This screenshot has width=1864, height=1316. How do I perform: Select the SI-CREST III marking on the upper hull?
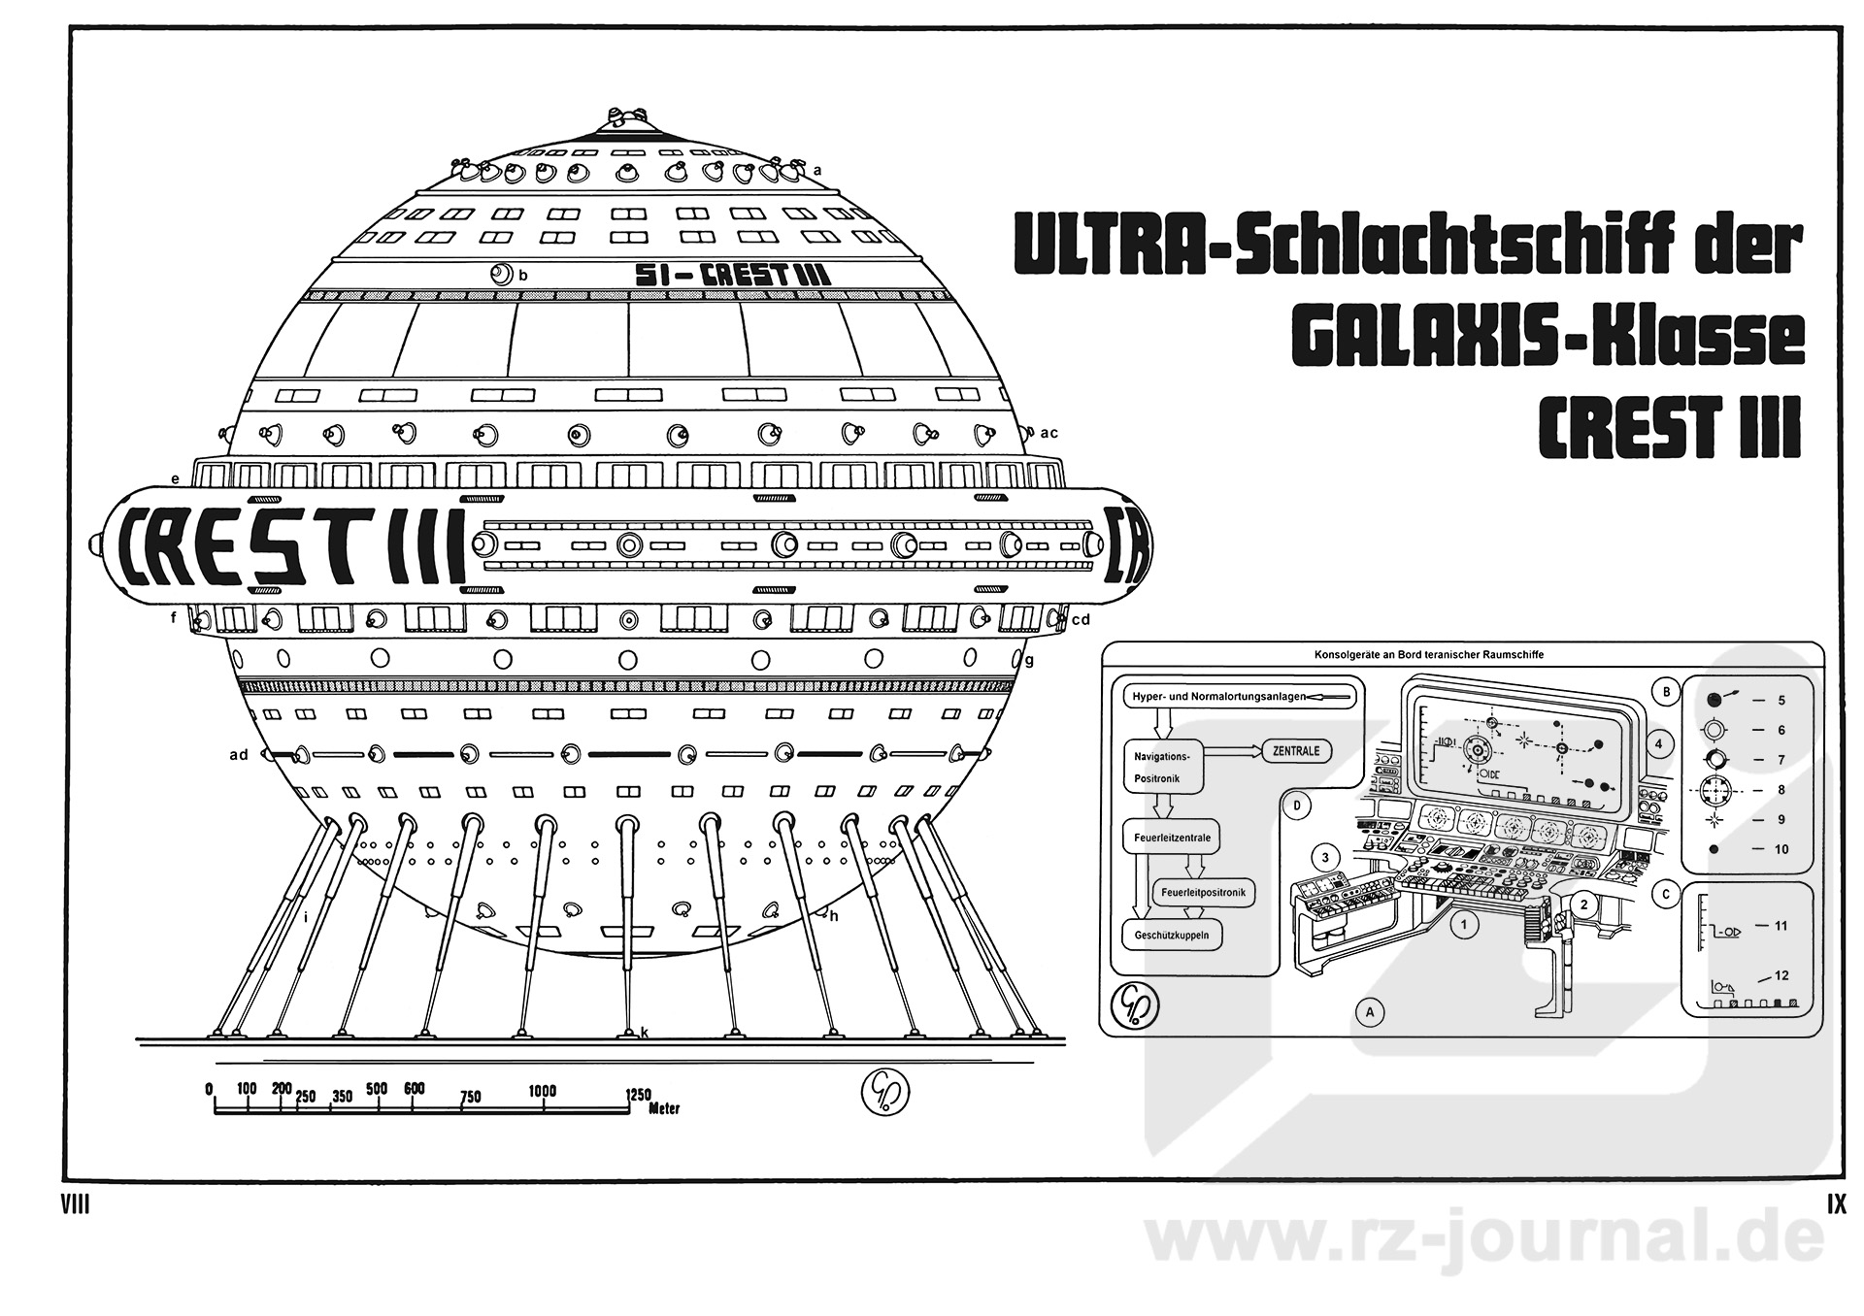(732, 275)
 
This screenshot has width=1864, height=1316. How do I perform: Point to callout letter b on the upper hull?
(523, 276)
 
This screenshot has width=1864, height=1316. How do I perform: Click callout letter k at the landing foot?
(644, 1033)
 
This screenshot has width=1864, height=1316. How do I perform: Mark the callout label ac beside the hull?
(1048, 433)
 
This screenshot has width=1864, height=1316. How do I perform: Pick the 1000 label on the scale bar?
(542, 1091)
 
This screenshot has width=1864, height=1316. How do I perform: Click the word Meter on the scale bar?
(664, 1108)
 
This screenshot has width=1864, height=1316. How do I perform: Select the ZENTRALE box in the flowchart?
(1296, 751)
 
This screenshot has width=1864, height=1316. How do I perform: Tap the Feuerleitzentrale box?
(1172, 837)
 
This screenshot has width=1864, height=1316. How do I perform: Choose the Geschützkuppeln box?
(1172, 936)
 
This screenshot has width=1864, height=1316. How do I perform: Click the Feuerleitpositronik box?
(1203, 892)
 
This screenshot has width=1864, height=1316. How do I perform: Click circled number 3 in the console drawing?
(1325, 857)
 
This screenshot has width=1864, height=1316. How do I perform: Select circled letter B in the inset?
(1666, 692)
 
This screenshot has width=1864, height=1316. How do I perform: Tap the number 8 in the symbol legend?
(1781, 790)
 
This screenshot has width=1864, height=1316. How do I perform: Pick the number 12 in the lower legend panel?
(1781, 976)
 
